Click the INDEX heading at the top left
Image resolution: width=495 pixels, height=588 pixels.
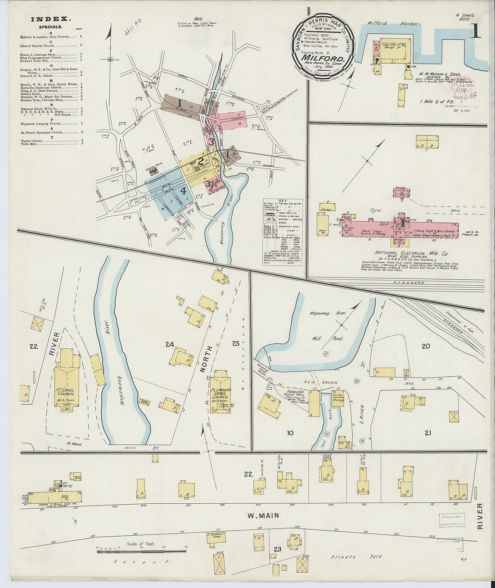(51, 19)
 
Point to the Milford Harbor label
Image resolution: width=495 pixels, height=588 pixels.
(393, 23)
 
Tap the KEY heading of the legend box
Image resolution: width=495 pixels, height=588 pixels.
(283, 201)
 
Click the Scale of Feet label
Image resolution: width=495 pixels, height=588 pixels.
(141, 544)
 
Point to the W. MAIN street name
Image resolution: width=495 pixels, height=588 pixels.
(263, 515)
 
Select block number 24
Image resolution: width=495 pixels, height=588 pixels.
(169, 345)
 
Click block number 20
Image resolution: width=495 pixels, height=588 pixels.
(425, 346)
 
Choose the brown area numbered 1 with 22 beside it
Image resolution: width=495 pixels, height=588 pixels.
(180, 104)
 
